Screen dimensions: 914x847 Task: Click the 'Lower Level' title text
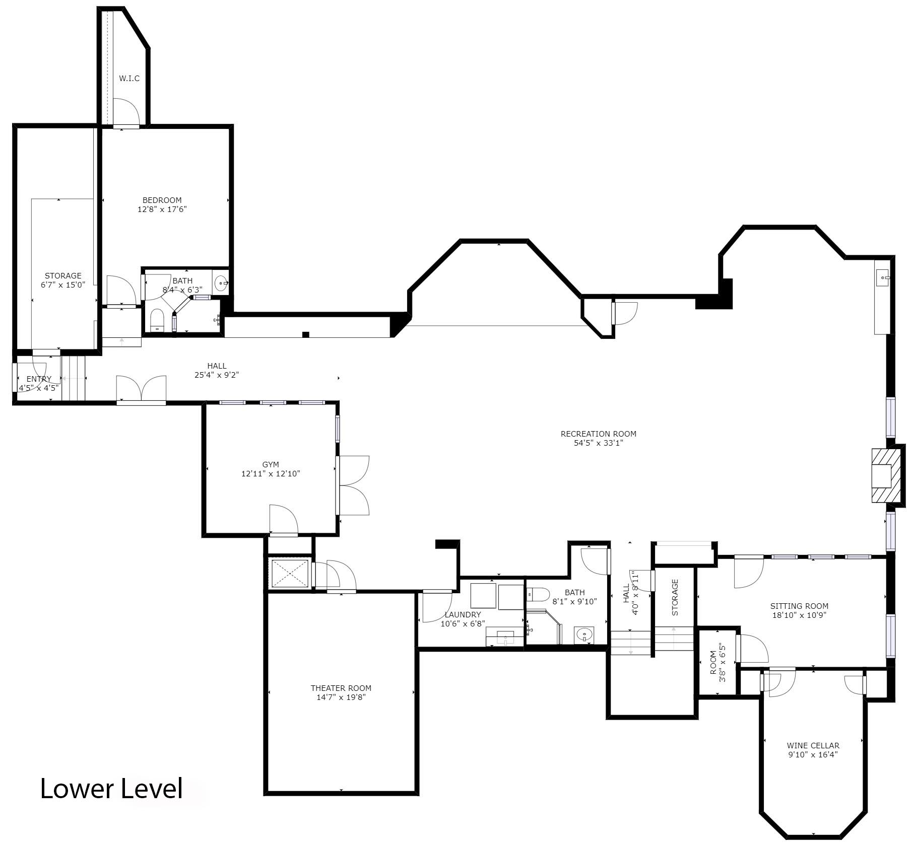pos(111,789)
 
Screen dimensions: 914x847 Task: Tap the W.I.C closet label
pos(129,79)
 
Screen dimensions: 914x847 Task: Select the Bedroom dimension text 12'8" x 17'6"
pos(162,209)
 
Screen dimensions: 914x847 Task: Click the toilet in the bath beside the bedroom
pos(157,320)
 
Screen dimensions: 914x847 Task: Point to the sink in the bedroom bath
pos(221,284)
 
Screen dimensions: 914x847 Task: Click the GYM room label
pos(271,464)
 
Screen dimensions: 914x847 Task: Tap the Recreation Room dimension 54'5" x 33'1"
pos(599,443)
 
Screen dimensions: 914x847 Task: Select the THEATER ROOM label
pos(341,688)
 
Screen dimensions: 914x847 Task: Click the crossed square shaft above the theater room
pos(290,573)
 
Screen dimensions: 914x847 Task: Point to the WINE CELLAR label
pos(813,746)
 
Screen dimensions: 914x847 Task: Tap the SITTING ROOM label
pos(799,606)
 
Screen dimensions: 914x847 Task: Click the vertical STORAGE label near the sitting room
pos(675,597)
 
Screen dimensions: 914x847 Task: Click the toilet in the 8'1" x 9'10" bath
pos(538,595)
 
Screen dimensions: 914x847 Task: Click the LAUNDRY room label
pos(463,615)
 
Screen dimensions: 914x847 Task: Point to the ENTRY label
pos(39,379)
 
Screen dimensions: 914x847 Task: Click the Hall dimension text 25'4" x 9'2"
pos(217,375)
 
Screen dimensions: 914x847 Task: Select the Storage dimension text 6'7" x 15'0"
pos(63,285)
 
